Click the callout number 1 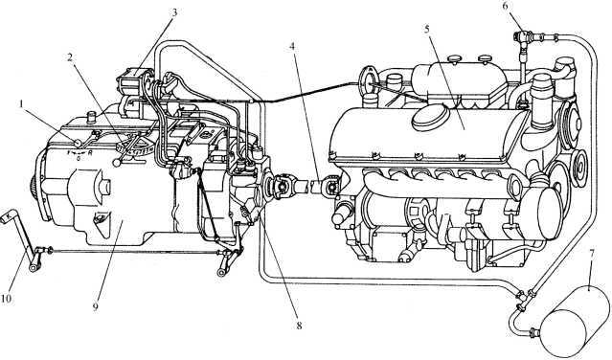point(22,103)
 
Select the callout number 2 point(70,57)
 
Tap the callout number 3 point(174,12)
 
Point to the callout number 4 point(293,46)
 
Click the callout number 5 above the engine point(428,30)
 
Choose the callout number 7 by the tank point(592,255)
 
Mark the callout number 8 point(299,326)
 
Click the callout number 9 point(96,306)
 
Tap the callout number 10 point(7,298)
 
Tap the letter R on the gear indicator point(90,153)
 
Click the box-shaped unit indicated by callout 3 point(133,81)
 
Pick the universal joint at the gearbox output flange point(278,185)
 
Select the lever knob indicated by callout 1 point(78,144)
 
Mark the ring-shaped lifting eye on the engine point(367,80)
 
